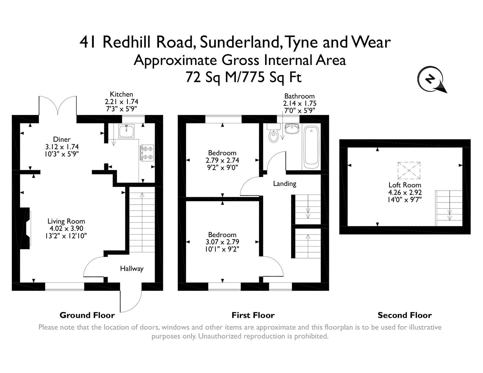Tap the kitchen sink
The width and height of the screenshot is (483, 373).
(126, 131)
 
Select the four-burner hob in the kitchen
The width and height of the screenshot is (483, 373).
(147, 153)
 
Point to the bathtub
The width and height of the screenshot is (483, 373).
(311, 148)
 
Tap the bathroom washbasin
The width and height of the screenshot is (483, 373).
(291, 129)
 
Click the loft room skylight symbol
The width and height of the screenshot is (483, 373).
(409, 171)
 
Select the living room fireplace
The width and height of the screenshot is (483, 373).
(26, 228)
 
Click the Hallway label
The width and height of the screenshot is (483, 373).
(132, 268)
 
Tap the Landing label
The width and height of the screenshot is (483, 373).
(284, 183)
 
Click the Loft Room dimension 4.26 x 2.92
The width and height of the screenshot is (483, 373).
(405, 192)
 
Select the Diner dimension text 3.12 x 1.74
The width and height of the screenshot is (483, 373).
(62, 147)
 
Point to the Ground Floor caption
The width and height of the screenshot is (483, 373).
(87, 315)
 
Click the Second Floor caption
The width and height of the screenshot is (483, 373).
(405, 315)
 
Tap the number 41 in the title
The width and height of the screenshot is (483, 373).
(88, 42)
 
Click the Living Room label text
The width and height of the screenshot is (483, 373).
(66, 221)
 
